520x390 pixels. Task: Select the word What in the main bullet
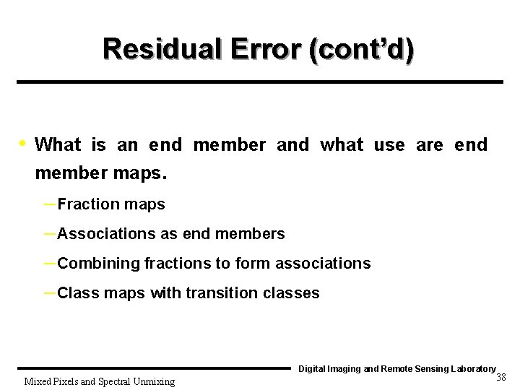tap(58, 144)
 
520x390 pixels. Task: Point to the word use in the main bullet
tap(389, 144)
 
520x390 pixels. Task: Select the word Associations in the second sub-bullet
tap(105, 234)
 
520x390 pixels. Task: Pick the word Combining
tap(97, 264)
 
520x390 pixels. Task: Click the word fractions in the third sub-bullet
tap(177, 264)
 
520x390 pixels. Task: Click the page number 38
tap(503, 378)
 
